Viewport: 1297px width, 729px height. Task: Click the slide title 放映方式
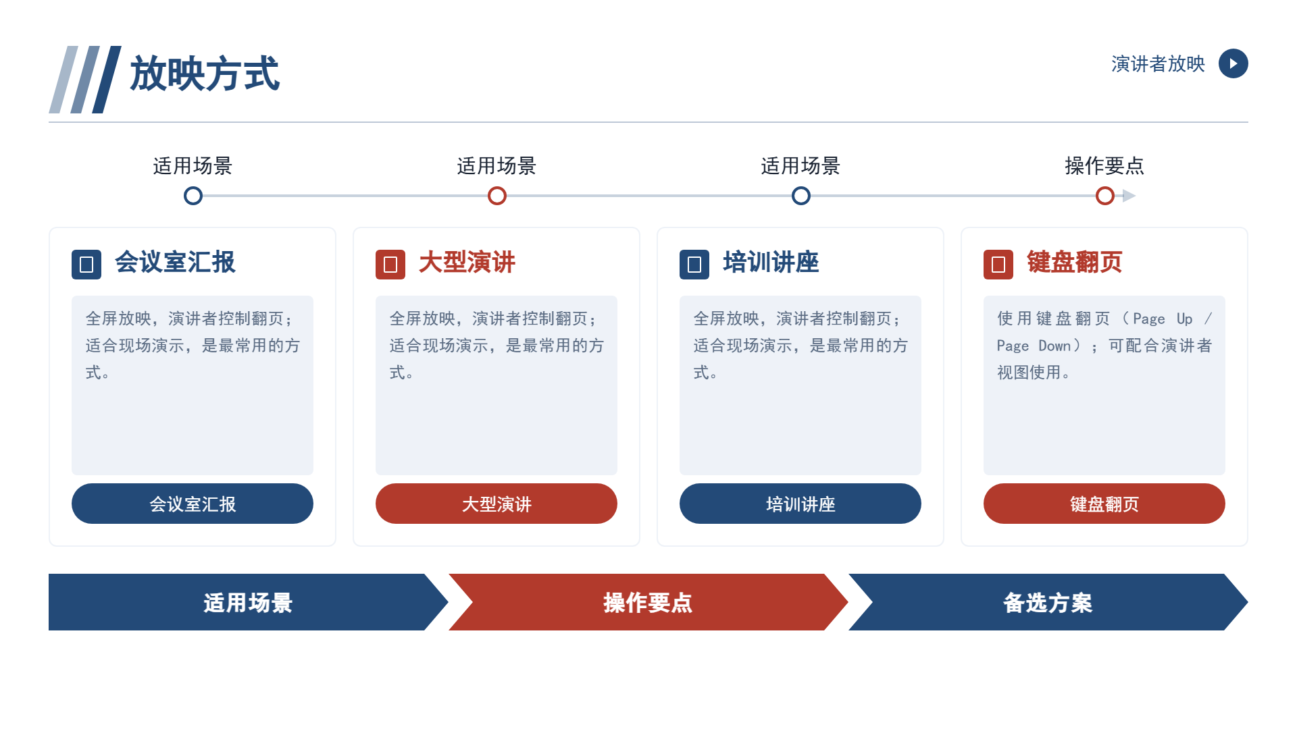(x=205, y=74)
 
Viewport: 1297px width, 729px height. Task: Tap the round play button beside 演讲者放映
(x=1233, y=63)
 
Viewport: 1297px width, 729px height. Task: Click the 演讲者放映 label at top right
(x=1158, y=64)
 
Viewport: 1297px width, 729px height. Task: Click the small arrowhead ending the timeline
(x=1129, y=196)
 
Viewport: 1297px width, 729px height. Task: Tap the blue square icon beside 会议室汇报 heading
(x=86, y=265)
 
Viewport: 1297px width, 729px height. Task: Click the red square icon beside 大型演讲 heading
(x=390, y=265)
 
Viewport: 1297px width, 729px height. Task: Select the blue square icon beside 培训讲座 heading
(x=694, y=265)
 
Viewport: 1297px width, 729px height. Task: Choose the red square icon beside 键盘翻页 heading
(x=998, y=265)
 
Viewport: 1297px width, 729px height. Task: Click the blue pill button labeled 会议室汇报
(x=193, y=504)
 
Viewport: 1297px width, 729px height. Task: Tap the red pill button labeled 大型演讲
(x=497, y=504)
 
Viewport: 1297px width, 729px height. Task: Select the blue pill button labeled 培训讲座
(x=800, y=504)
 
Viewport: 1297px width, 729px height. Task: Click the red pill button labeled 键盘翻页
(x=1104, y=504)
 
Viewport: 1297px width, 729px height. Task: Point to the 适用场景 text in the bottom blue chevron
(x=248, y=603)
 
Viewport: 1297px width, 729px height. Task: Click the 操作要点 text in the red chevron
(x=648, y=603)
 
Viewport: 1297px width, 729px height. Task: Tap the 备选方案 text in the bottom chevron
(x=1048, y=603)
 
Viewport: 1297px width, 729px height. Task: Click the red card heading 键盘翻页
(x=1074, y=262)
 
